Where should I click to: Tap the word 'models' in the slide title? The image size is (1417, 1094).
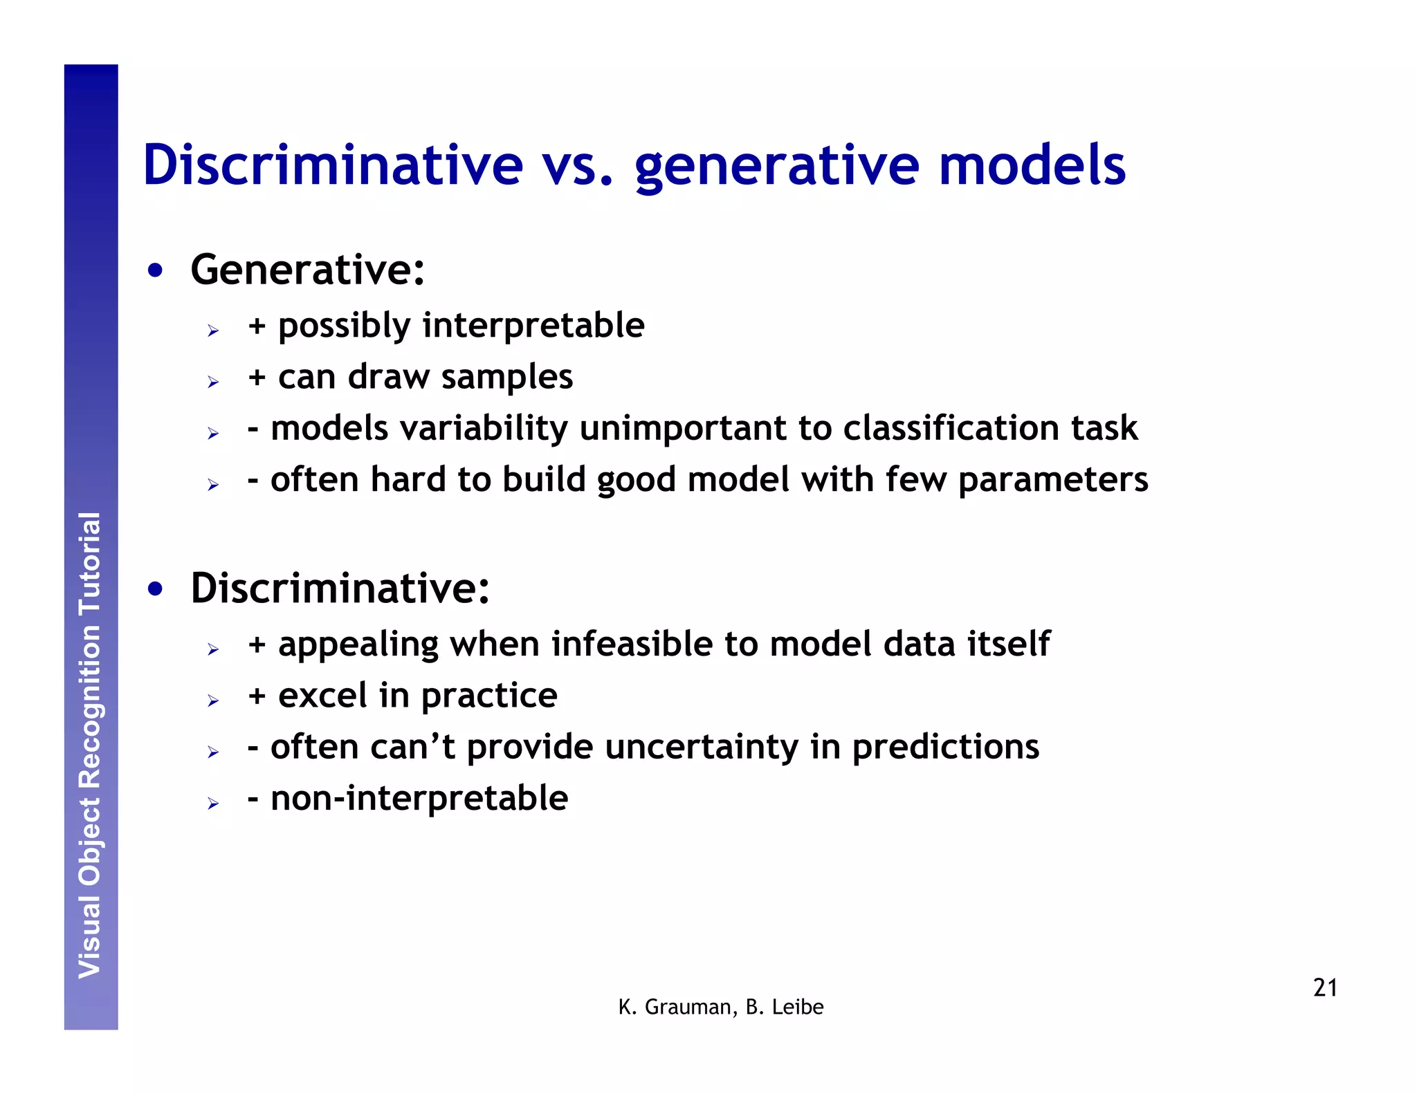[1032, 166]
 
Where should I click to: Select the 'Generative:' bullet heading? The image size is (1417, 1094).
[307, 270]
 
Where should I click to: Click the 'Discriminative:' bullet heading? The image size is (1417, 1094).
[340, 588]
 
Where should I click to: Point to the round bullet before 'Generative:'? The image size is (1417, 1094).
[156, 271]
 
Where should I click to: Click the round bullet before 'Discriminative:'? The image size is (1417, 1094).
[156, 590]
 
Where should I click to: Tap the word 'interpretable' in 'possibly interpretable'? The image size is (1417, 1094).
[533, 325]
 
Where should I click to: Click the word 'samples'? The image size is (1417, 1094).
[506, 377]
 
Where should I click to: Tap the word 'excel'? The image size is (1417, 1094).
[322, 695]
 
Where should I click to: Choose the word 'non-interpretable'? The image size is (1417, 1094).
[419, 798]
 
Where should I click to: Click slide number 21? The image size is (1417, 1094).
[1324, 988]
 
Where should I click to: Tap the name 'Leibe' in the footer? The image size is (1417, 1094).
[798, 1008]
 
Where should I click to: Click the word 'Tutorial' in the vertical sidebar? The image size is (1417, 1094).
[91, 564]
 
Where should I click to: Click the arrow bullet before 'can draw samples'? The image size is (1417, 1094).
[213, 382]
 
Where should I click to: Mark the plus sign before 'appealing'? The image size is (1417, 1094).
[257, 645]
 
